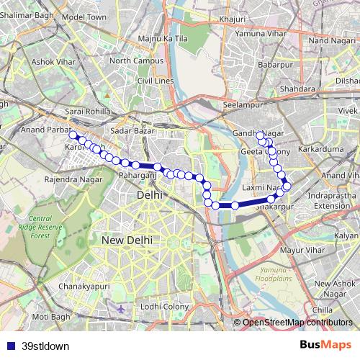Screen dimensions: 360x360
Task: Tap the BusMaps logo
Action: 326,345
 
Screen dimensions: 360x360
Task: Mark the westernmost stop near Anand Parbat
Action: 71,133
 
